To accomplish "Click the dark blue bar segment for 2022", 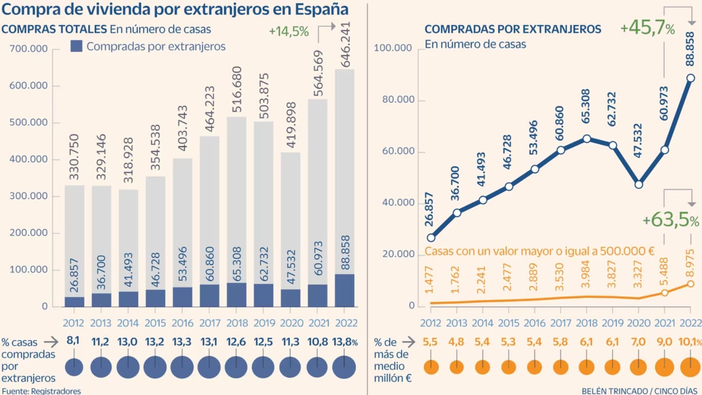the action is pos(345,291).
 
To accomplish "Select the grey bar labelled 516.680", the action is pos(237,200).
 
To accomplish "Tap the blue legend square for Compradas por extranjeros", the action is pos(77,46).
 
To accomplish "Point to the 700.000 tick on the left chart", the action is pos(29,48).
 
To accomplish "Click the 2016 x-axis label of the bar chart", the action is pos(182,323).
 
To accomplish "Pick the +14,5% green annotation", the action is pos(289,32).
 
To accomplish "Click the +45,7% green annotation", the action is pos(647,28).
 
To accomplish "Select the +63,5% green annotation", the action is pos(670,220).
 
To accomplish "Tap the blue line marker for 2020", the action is pos(639,185).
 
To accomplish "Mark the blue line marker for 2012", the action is pos(431,237).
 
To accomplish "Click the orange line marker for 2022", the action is pos(690,284).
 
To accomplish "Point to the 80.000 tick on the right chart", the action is pos(398,100).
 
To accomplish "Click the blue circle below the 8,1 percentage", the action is pos(74,367).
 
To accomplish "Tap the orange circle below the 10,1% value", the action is pos(690,367).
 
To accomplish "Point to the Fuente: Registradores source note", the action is pos(41,391).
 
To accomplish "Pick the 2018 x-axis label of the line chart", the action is pos(587,323).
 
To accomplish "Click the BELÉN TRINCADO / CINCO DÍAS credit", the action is pos(639,391).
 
